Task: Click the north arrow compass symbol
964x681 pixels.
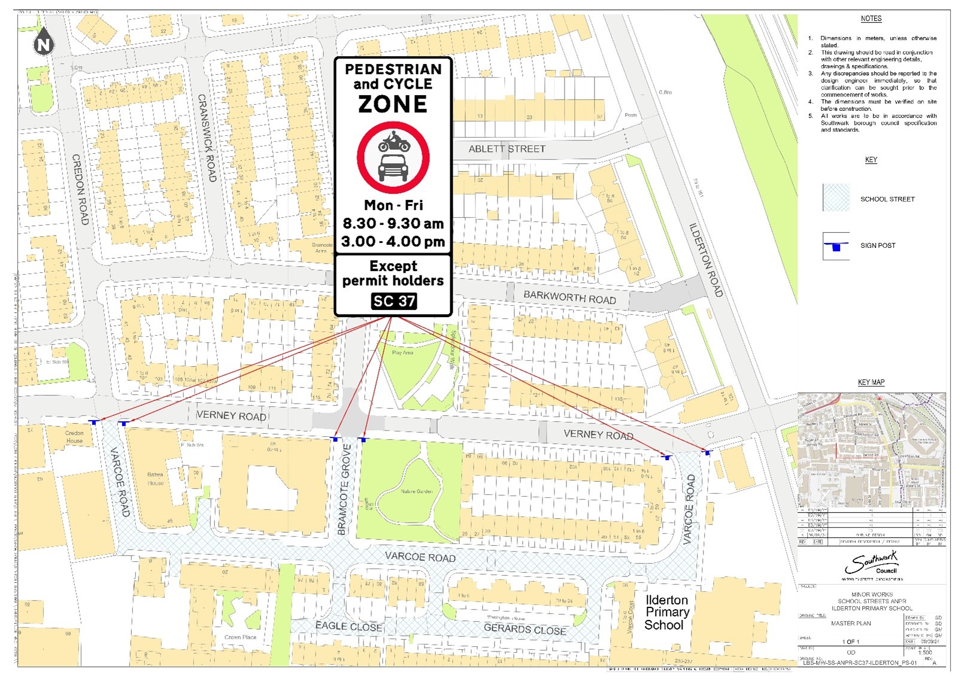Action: (44, 42)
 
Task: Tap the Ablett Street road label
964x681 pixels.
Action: (507, 149)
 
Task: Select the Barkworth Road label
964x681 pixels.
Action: (569, 297)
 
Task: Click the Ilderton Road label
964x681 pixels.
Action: (706, 260)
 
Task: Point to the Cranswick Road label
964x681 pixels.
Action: (207, 138)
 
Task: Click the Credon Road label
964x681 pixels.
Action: (80, 189)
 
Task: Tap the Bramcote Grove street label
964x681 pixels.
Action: (344, 490)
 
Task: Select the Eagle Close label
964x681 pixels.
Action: (349, 627)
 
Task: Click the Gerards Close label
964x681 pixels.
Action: (525, 629)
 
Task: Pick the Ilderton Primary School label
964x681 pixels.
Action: (666, 612)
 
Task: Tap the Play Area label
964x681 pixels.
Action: (402, 352)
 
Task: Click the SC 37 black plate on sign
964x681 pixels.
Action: (393, 301)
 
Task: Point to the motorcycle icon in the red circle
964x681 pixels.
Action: (393, 143)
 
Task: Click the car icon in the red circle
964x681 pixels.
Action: (393, 168)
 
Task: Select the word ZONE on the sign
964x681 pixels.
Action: (393, 104)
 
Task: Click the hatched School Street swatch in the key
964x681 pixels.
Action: (836, 198)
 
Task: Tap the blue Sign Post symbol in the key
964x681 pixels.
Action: (836, 246)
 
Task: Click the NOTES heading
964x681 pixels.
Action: (871, 19)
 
